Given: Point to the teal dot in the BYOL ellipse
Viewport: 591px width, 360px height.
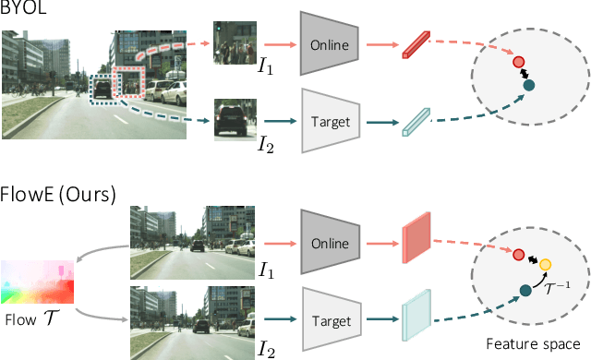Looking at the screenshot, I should click(528, 86).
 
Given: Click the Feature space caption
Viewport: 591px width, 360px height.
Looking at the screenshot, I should click(533, 342).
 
